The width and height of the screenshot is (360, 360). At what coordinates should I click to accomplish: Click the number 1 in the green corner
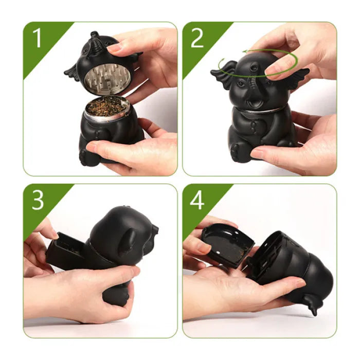coord(37,38)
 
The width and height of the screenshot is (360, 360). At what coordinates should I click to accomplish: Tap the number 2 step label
coord(197,38)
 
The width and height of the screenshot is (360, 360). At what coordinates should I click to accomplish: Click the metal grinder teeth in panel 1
coord(107,78)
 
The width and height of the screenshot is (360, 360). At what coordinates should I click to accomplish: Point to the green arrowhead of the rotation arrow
coord(247,51)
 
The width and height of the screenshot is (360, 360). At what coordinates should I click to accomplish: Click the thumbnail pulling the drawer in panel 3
coord(55,235)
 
